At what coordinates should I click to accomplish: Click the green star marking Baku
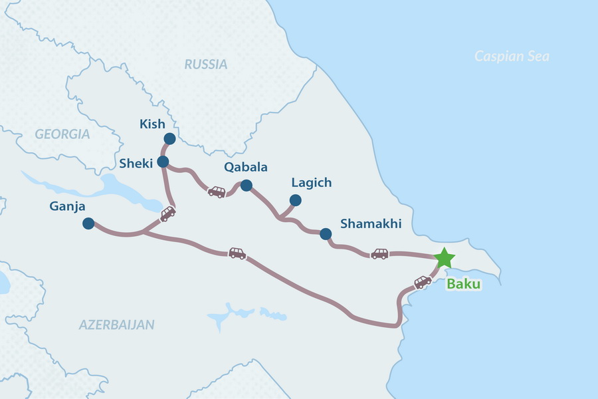[443, 257]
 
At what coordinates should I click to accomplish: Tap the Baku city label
[463, 284]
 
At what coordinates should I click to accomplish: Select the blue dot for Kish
[169, 139]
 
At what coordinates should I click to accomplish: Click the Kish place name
[152, 124]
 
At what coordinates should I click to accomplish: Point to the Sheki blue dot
[163, 162]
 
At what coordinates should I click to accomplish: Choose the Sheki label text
[136, 163]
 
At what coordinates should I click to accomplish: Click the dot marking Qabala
[247, 185]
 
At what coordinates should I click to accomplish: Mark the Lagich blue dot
[296, 200]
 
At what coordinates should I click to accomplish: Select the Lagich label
[312, 182]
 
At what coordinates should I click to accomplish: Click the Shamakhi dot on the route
[326, 233]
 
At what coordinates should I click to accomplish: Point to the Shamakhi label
[371, 224]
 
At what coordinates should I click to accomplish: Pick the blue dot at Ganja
[88, 224]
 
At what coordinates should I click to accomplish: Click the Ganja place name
[67, 206]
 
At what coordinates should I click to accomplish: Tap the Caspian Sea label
[512, 57]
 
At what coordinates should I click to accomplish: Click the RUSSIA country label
[206, 65]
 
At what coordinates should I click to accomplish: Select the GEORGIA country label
[62, 134]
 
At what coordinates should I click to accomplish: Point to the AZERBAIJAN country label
[117, 325]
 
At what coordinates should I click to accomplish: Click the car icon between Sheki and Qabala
[217, 192]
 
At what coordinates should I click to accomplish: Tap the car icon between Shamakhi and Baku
[379, 253]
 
